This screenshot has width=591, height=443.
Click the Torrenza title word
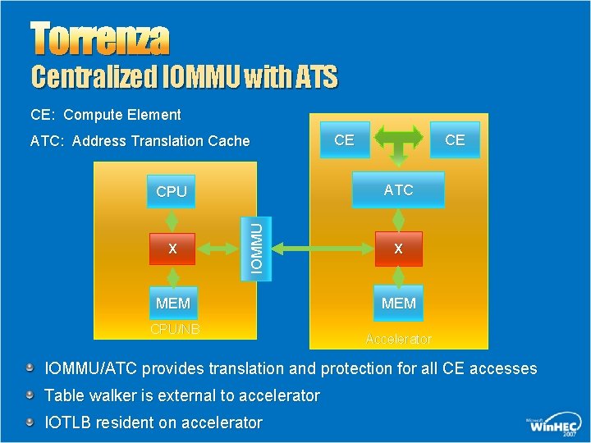[100, 38]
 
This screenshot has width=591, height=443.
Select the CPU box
[172, 192]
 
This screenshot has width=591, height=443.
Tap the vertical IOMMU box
[256, 244]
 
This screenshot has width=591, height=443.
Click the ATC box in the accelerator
[398, 190]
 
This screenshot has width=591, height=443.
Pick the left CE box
[344, 140]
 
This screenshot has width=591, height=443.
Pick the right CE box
[454, 140]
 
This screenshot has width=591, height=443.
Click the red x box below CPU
[172, 248]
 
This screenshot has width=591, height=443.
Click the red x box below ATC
[398, 248]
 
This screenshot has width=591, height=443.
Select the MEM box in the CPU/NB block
[172, 304]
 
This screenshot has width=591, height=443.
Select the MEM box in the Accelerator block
[398, 304]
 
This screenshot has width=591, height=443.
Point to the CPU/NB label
[174, 329]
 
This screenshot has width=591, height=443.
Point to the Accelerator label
[398, 339]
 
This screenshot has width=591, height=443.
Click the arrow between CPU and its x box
[172, 220]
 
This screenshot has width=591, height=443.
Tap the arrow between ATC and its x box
[398, 219]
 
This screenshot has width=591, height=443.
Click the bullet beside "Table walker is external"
[30, 395]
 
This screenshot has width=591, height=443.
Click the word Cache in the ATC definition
[227, 141]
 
